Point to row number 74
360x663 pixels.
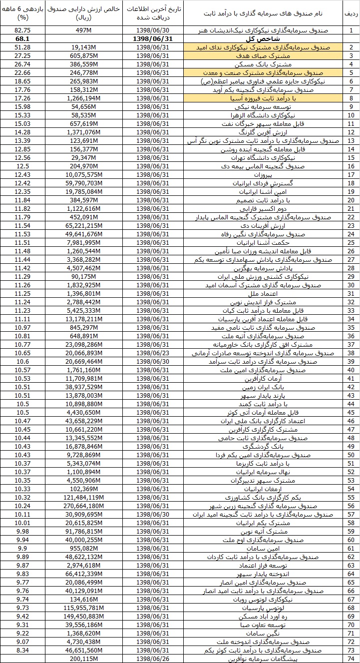tap(351, 659)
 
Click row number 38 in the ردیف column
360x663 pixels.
tap(351, 353)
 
